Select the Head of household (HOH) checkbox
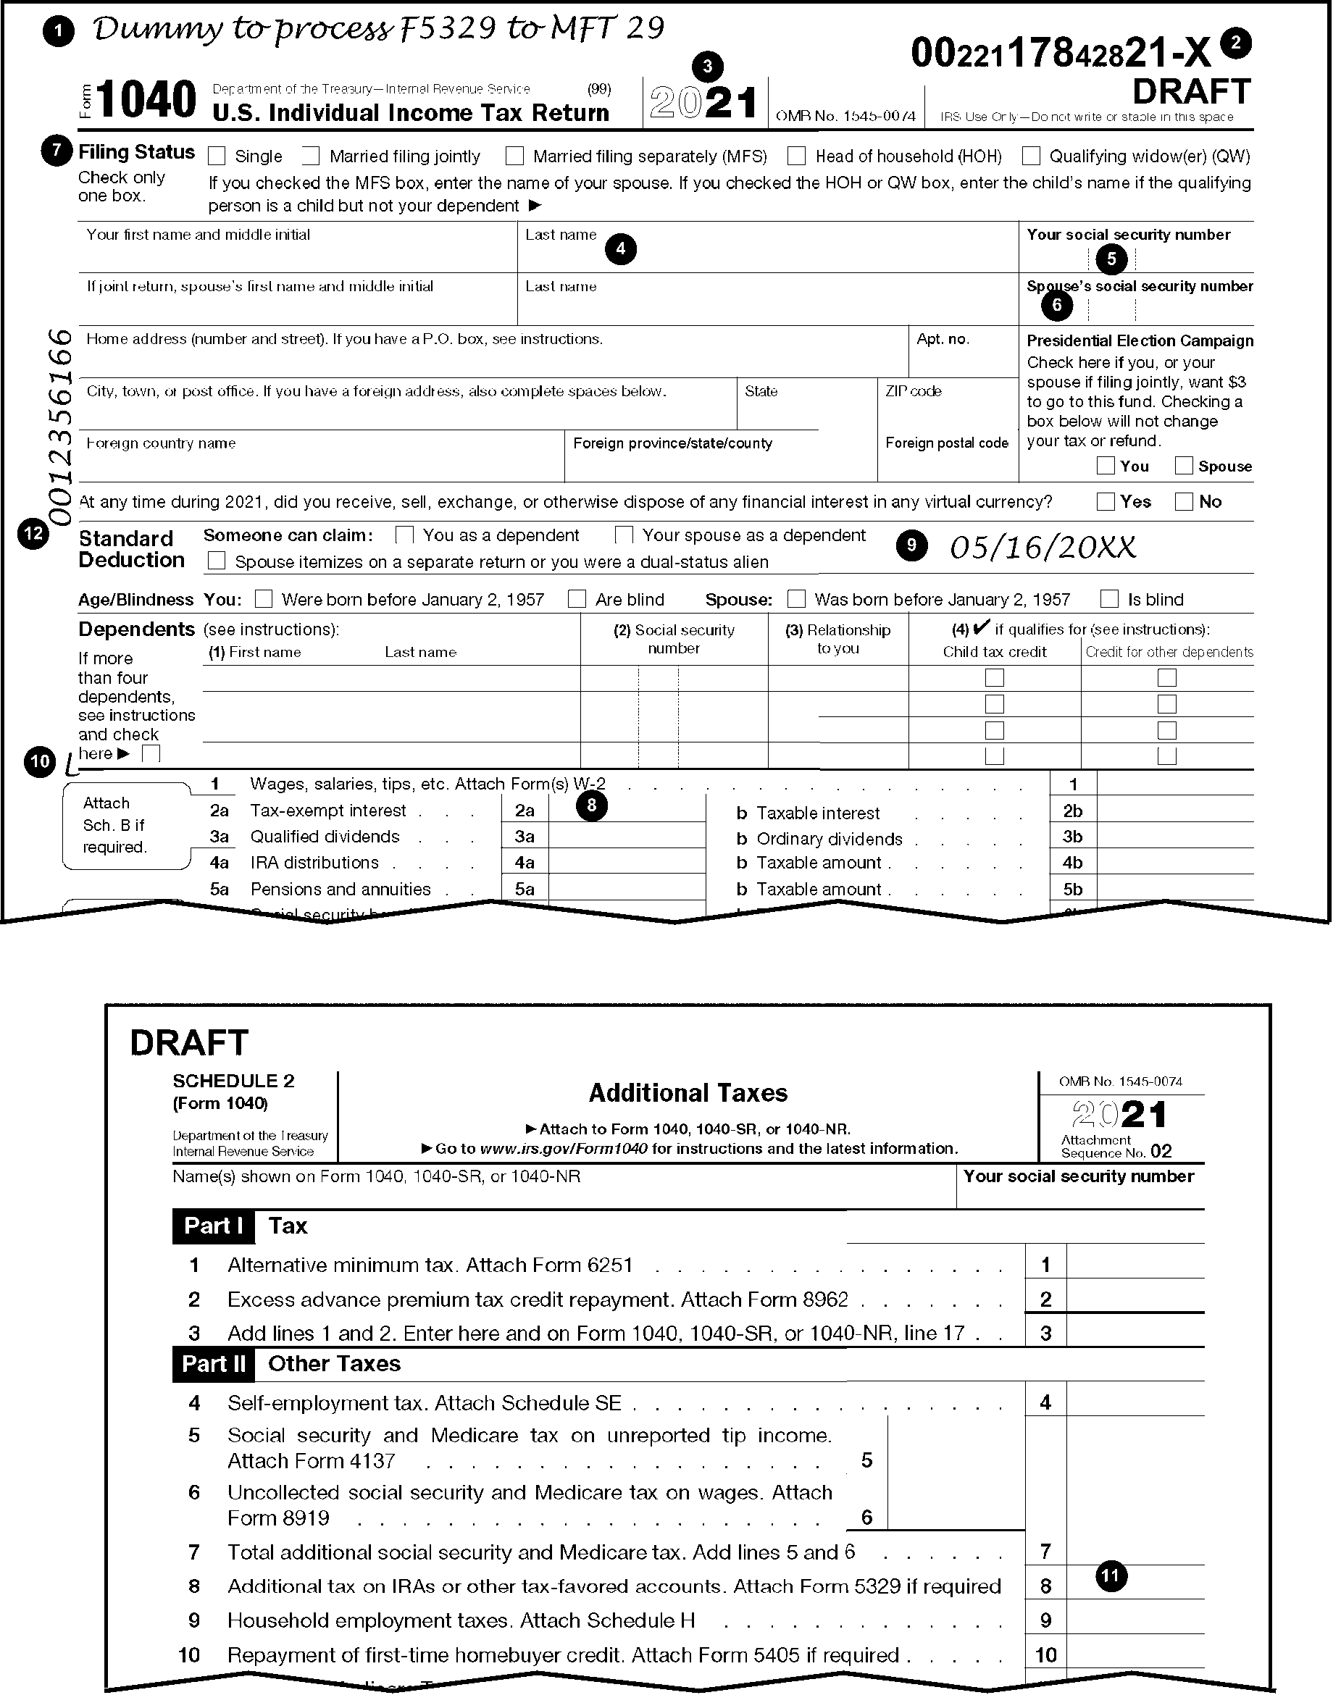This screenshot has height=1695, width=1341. [x=797, y=156]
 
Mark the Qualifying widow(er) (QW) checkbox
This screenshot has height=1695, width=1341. [x=1031, y=156]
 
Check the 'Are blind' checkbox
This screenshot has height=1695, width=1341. [x=577, y=599]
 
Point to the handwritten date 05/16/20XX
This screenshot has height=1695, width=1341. [x=1043, y=547]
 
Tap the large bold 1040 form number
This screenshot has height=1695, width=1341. [x=147, y=100]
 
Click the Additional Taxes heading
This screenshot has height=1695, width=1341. [x=688, y=1093]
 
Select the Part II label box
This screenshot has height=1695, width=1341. [x=214, y=1364]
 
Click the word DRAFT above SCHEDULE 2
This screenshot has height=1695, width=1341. [x=189, y=1042]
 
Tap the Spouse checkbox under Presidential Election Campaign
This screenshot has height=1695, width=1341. [x=1184, y=466]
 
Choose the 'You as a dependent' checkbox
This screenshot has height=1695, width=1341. [x=404, y=535]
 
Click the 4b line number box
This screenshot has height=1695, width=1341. [x=1072, y=863]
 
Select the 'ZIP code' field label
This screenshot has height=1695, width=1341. [x=913, y=391]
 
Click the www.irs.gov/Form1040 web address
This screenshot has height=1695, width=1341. [x=564, y=1149]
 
